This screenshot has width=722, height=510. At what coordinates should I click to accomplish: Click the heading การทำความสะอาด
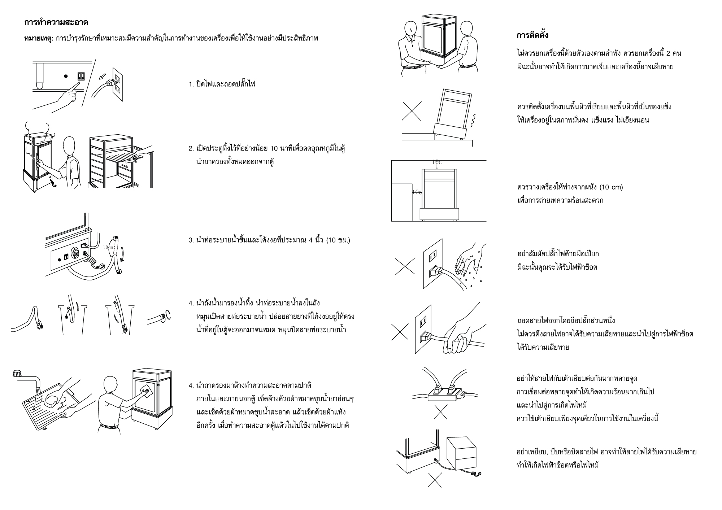tap(56, 22)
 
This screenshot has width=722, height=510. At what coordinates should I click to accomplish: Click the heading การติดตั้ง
tap(532, 35)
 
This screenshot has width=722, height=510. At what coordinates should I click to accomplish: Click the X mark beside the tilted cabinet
tap(412, 111)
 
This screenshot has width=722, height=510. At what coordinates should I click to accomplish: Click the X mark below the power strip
tap(440, 412)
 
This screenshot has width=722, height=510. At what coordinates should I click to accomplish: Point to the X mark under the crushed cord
tap(435, 480)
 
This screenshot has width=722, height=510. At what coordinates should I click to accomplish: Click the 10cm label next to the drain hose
tap(108, 247)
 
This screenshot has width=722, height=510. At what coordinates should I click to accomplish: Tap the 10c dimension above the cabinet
tap(436, 162)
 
